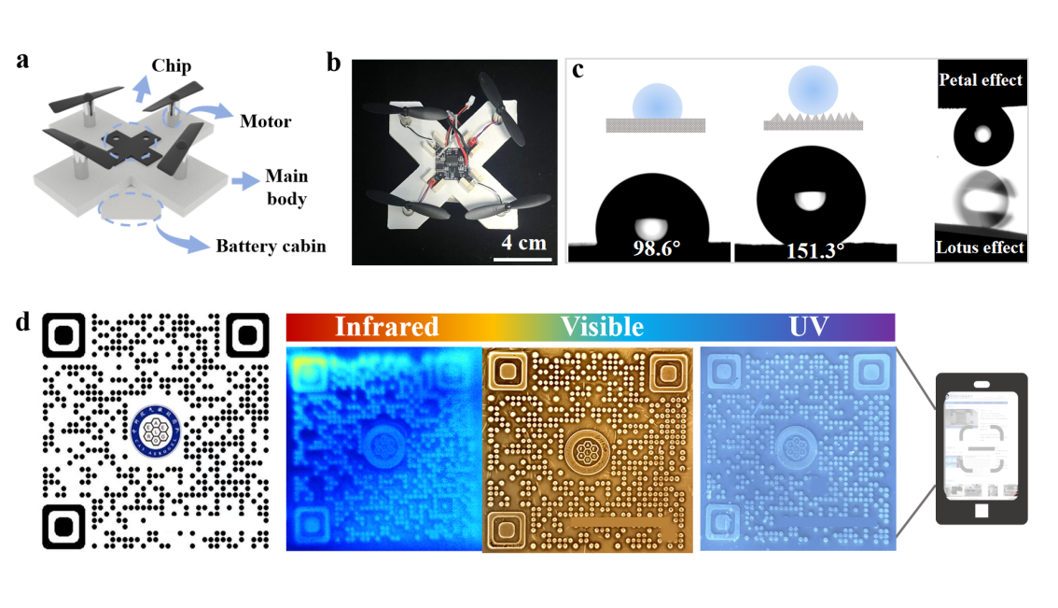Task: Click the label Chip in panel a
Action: tap(172, 66)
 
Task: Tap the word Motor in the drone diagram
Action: tap(265, 121)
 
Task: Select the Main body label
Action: tap(285, 187)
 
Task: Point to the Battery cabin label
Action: tap(271, 247)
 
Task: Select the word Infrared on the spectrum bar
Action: tap(386, 327)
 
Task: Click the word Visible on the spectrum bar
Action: tap(602, 327)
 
